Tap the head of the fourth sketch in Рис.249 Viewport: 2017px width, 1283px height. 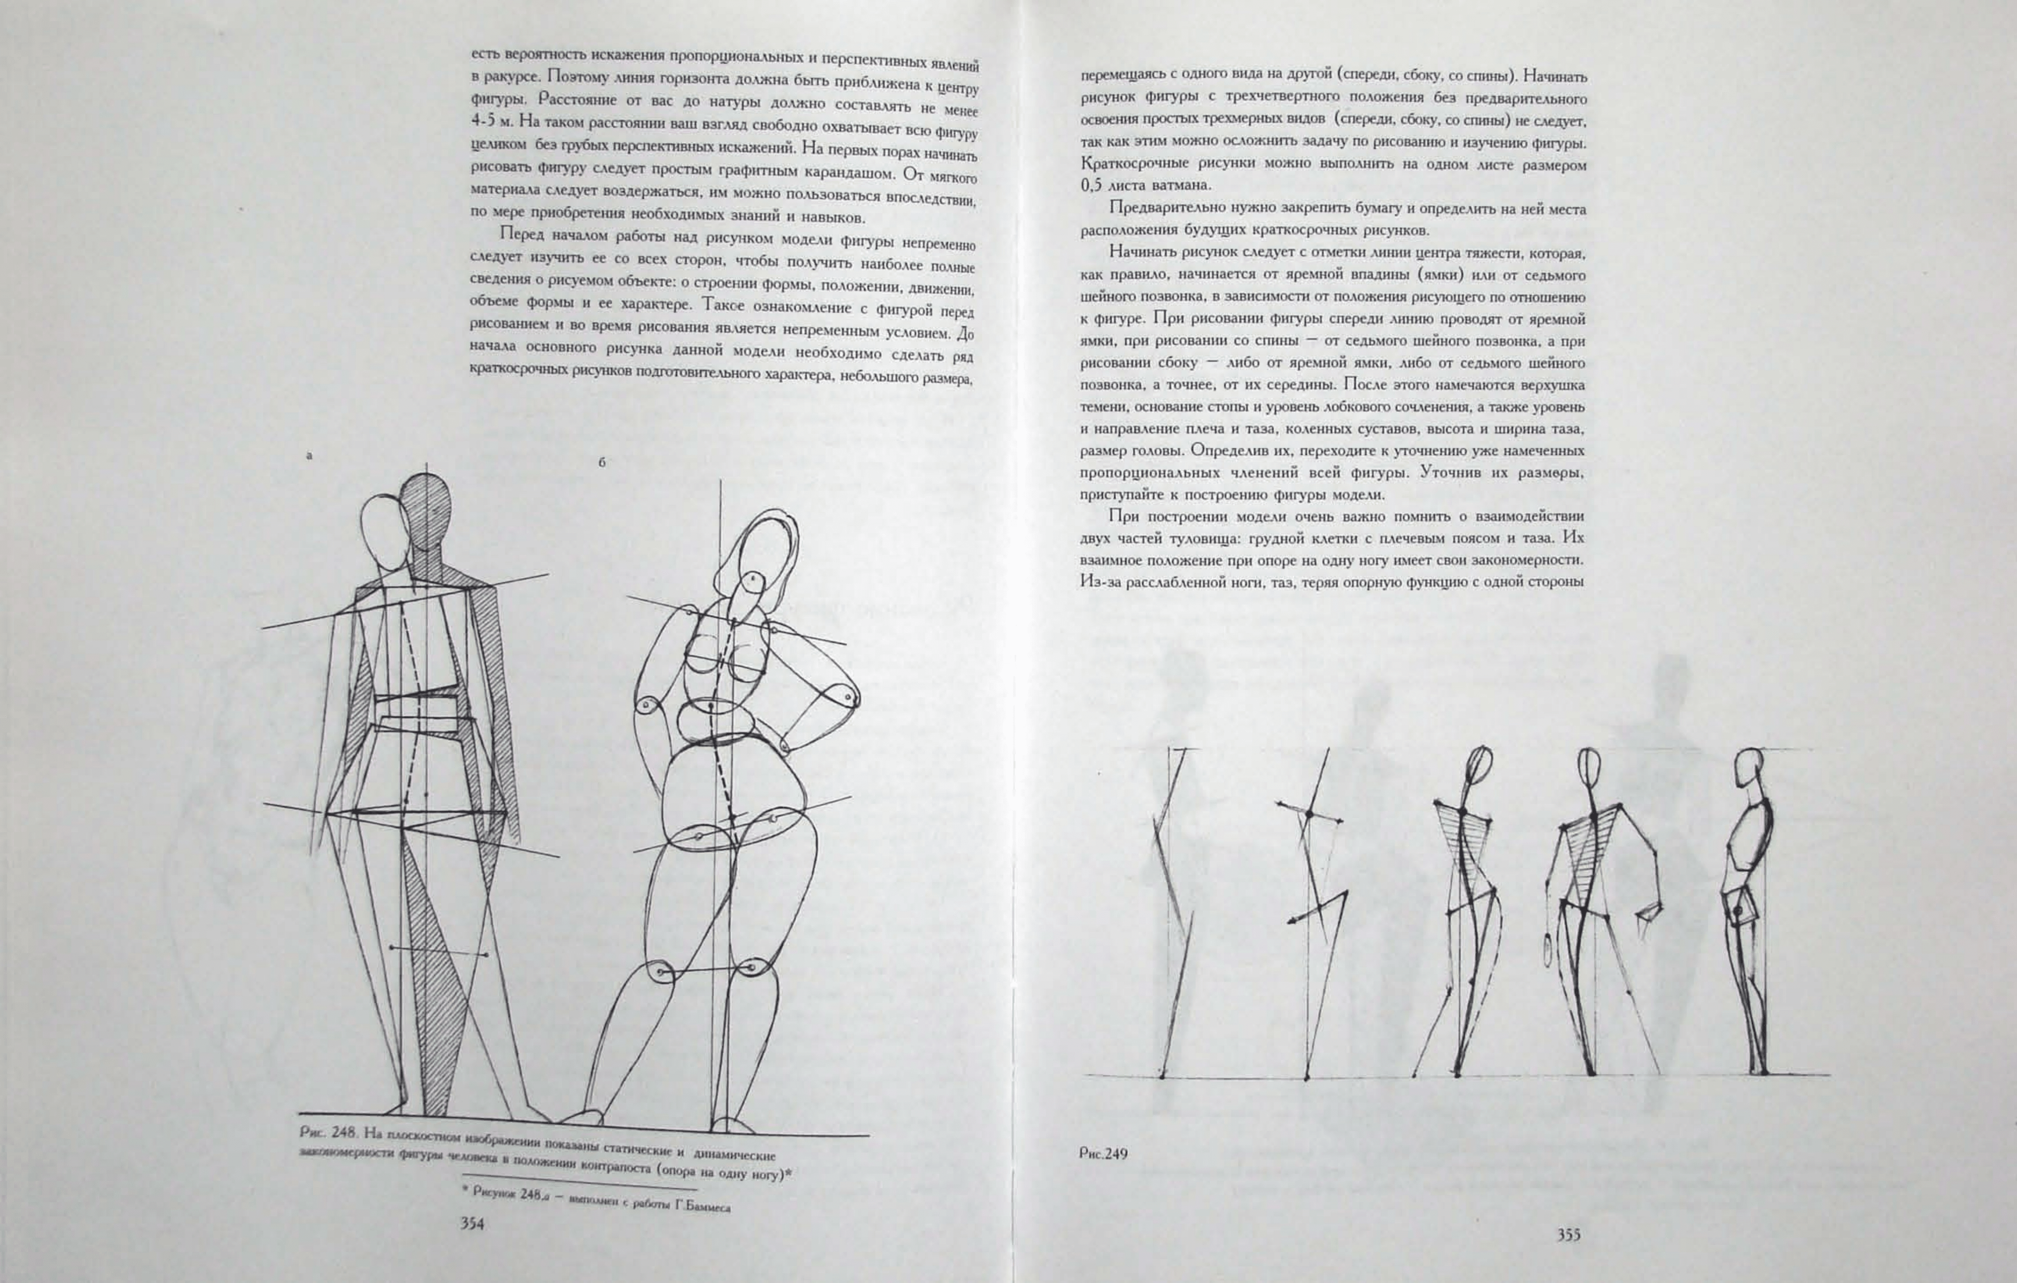(1589, 766)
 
